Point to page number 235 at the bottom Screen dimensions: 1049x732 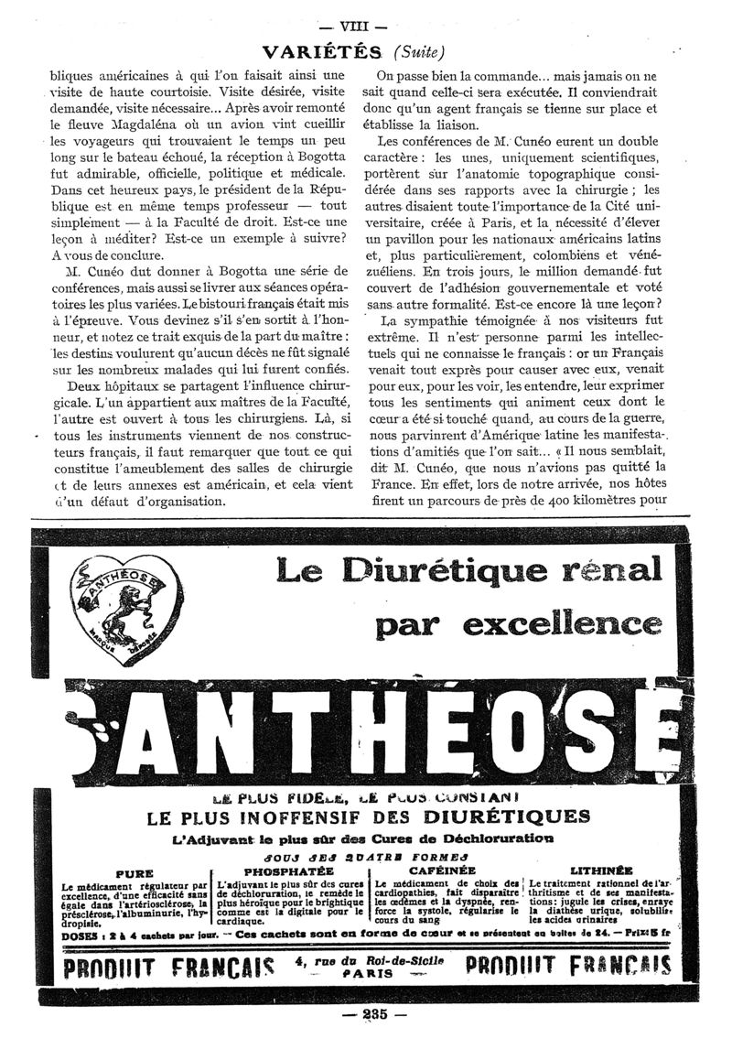point(366,1014)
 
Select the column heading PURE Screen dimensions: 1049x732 point(132,873)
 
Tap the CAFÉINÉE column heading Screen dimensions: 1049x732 point(444,871)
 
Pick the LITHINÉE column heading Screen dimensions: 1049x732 point(600,871)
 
